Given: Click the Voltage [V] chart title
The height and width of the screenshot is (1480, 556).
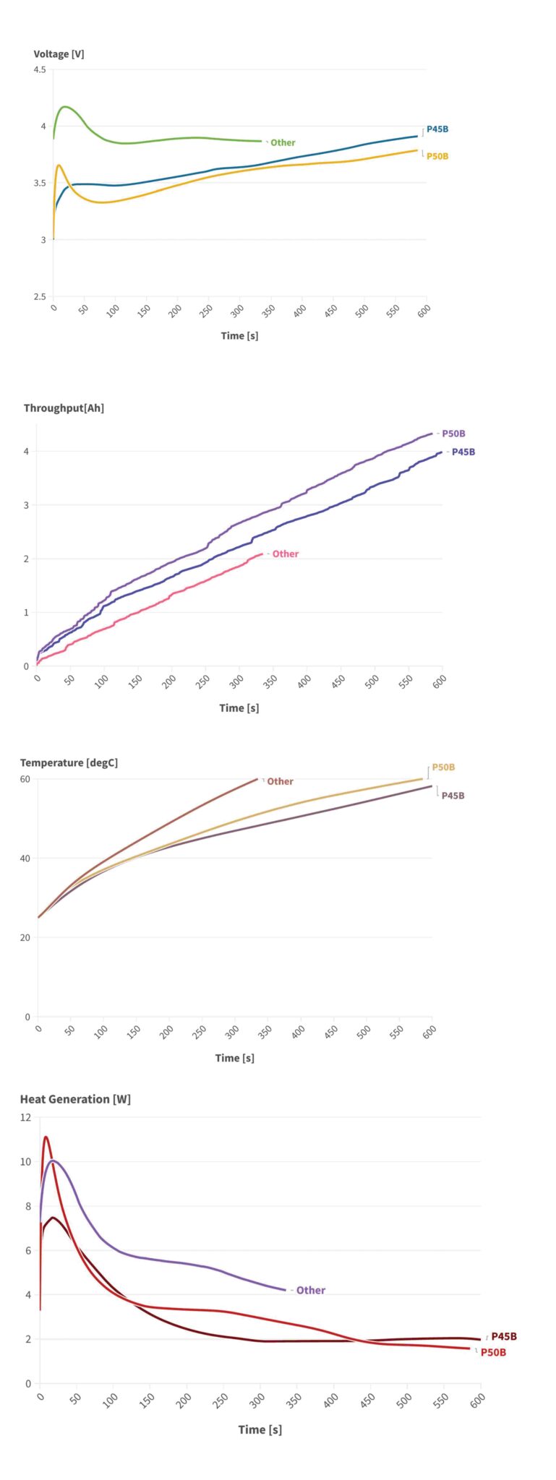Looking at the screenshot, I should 59,54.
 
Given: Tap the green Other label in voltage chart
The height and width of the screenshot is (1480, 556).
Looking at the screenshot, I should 283,142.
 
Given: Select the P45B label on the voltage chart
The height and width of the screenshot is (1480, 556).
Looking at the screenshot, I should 437,129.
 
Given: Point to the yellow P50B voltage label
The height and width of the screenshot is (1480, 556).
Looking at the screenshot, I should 437,156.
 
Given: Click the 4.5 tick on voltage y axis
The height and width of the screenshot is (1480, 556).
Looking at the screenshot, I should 39,70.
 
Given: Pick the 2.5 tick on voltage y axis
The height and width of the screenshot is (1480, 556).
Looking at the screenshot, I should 39,297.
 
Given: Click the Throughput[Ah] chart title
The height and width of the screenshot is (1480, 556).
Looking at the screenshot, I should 64,408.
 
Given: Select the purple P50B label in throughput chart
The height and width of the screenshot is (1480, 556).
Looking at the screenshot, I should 453,434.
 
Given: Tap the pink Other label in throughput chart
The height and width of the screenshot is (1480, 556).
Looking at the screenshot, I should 285,554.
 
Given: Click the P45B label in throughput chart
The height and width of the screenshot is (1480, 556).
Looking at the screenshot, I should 463,452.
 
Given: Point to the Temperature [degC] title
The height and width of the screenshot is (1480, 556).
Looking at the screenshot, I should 69,763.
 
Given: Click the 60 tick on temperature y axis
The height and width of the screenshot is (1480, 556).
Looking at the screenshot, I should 25,779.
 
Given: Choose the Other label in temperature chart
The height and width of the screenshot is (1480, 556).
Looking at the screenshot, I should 280,781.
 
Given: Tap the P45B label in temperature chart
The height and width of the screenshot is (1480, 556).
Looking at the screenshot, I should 453,796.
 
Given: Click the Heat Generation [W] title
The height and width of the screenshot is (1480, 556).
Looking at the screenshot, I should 75,1099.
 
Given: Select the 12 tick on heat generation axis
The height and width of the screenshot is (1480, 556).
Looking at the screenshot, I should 26,1117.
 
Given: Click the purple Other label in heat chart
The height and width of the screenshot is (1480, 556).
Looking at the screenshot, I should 310,1290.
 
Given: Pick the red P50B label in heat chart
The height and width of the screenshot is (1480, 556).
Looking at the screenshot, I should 493,1352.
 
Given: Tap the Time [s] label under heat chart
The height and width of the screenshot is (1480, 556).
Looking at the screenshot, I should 260,1429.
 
